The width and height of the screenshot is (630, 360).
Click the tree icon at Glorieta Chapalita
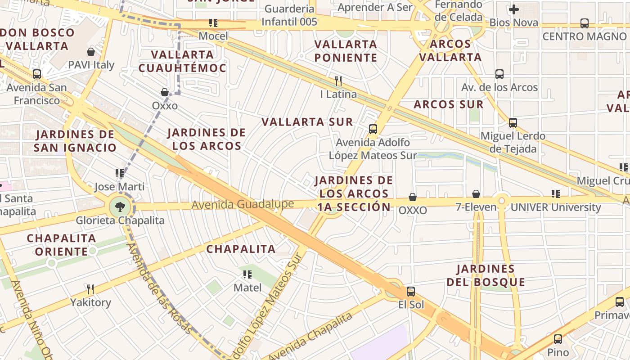120,207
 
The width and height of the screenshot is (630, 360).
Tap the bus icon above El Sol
410,292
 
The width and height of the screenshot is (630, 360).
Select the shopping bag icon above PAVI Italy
91,52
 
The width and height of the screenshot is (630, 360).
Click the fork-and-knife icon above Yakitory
90,289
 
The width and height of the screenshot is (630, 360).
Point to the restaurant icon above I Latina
338,81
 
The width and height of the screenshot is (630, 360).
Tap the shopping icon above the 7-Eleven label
476,194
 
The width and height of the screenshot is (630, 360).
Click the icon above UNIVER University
556,194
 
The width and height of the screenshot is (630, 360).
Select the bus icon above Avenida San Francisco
37,74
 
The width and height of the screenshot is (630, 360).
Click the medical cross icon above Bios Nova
513,9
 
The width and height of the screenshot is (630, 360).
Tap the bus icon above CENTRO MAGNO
585,23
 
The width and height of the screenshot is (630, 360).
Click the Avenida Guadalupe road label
243,204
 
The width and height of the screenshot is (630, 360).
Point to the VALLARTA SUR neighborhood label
307,122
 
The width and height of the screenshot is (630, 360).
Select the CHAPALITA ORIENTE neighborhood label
61,245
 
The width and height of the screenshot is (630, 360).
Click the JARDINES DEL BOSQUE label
486,276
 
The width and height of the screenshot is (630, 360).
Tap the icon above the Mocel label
213,23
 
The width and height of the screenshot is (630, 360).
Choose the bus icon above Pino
558,339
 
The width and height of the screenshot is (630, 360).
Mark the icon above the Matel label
247,274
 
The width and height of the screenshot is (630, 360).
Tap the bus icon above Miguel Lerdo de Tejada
513,122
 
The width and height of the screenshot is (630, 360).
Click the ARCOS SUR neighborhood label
449,104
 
